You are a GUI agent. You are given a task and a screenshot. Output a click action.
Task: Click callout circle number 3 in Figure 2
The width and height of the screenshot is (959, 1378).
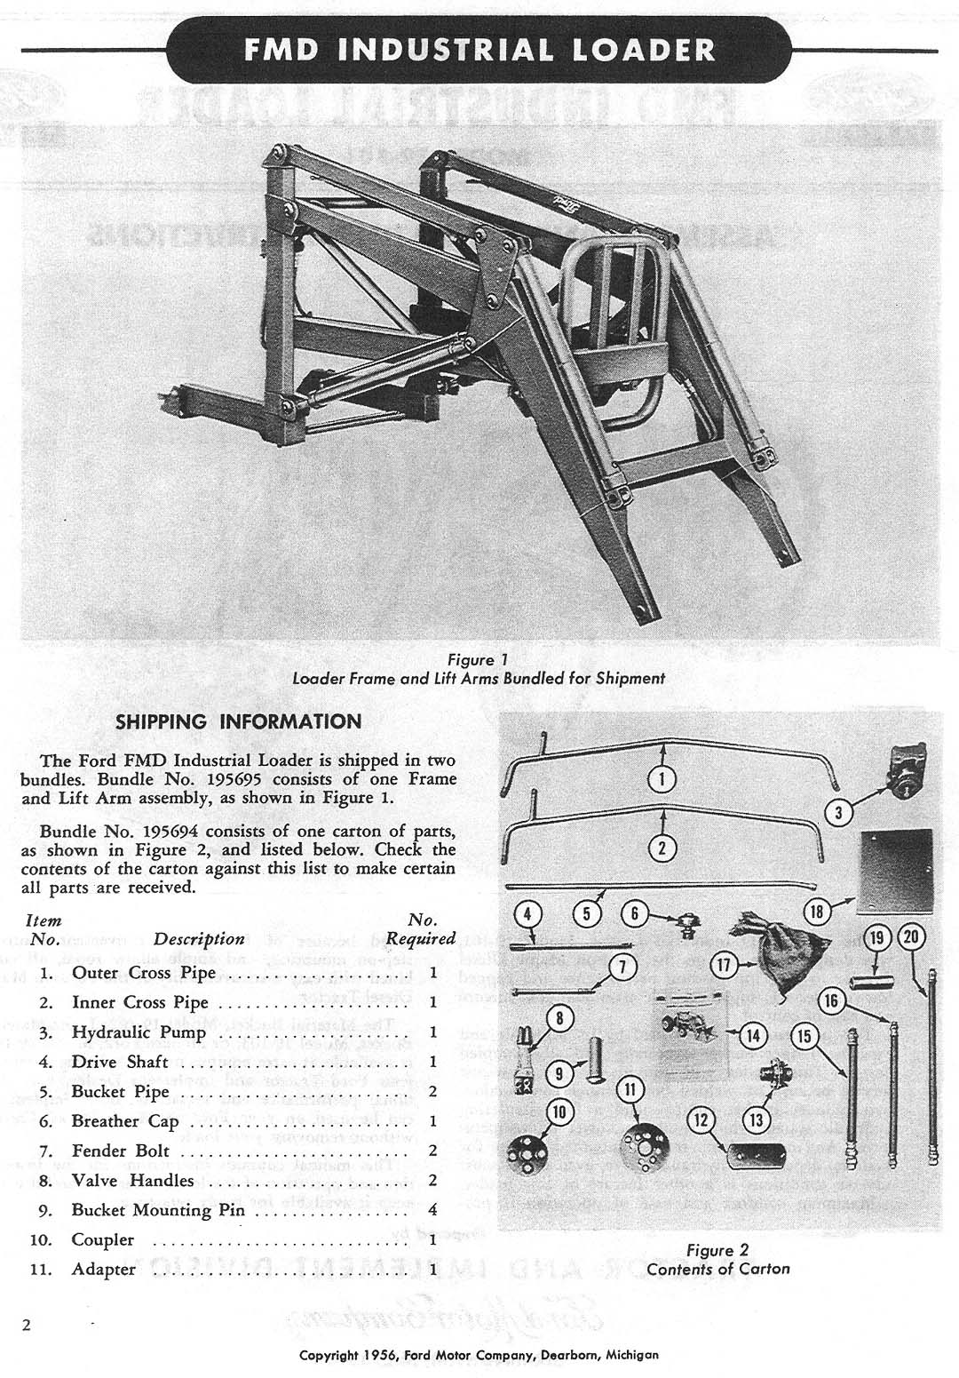[838, 810]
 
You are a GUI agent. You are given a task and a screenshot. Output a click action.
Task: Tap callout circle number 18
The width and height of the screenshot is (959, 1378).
[817, 910]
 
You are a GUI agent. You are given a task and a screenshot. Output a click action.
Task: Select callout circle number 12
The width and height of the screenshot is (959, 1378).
[701, 1119]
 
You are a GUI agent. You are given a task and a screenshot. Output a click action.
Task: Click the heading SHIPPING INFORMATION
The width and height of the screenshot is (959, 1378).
[239, 721]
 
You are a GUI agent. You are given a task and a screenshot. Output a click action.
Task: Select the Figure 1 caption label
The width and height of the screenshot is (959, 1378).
[478, 660]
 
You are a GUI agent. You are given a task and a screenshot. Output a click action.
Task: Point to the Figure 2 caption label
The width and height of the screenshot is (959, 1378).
[717, 1250]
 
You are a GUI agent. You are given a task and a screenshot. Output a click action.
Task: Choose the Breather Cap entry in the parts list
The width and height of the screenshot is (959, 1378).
[125, 1121]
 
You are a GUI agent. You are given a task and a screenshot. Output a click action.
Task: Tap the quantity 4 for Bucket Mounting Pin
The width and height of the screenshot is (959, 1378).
[432, 1210]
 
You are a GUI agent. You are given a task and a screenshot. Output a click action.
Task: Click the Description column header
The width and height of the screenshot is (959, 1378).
[199, 939]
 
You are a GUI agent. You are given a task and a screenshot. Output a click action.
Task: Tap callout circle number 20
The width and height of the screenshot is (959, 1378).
[911, 936]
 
